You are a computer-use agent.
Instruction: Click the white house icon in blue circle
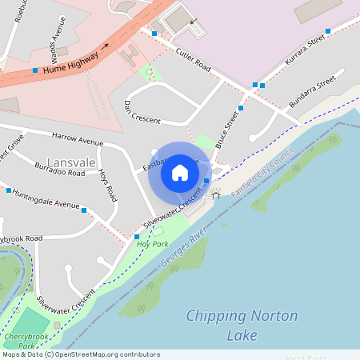[180, 172]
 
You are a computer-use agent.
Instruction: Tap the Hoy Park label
[152, 243]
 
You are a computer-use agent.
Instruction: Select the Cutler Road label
[193, 59]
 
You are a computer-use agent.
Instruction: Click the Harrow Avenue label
[78, 138]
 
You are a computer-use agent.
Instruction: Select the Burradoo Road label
[59, 168]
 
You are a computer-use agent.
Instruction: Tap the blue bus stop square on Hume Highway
[35, 70]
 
